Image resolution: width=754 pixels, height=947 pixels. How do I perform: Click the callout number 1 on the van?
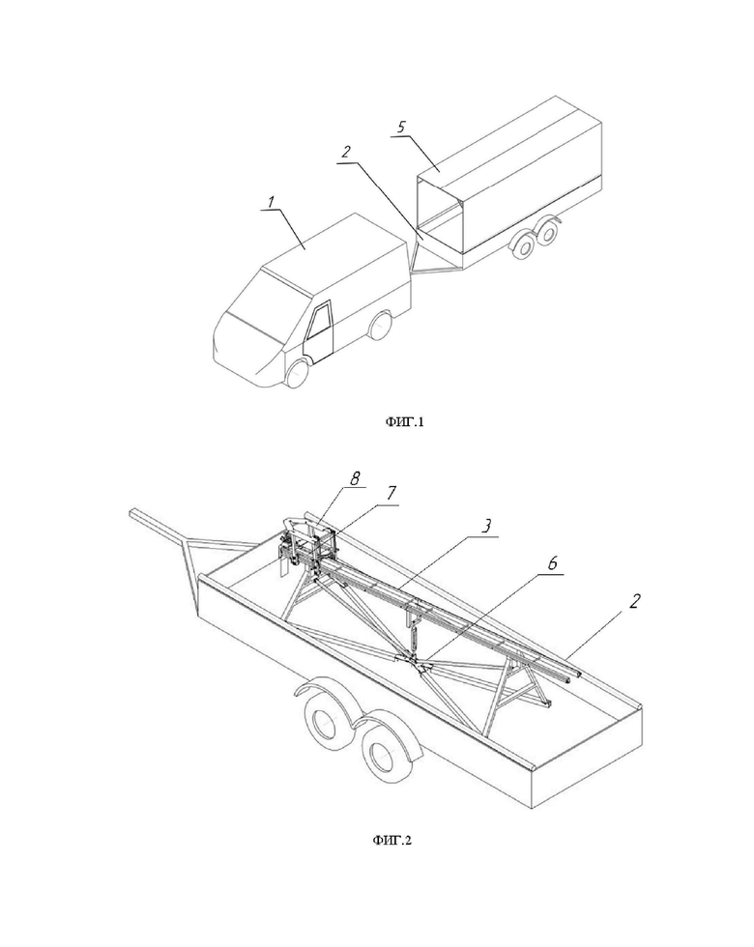272,201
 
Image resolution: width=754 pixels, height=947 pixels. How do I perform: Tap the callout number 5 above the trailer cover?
402,128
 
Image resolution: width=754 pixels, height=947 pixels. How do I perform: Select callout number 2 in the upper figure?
345,153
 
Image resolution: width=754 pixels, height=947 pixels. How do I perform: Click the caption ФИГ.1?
405,422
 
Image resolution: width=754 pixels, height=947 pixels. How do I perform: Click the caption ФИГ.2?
392,840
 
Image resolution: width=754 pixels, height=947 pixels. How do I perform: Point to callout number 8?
355,479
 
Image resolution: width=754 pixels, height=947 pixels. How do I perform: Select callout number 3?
486,526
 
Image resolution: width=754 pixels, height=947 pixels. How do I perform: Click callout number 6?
552,564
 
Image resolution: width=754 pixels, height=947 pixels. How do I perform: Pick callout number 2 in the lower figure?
634,601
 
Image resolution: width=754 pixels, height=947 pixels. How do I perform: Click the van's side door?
319,334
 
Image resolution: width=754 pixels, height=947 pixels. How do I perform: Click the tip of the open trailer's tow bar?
134,514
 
